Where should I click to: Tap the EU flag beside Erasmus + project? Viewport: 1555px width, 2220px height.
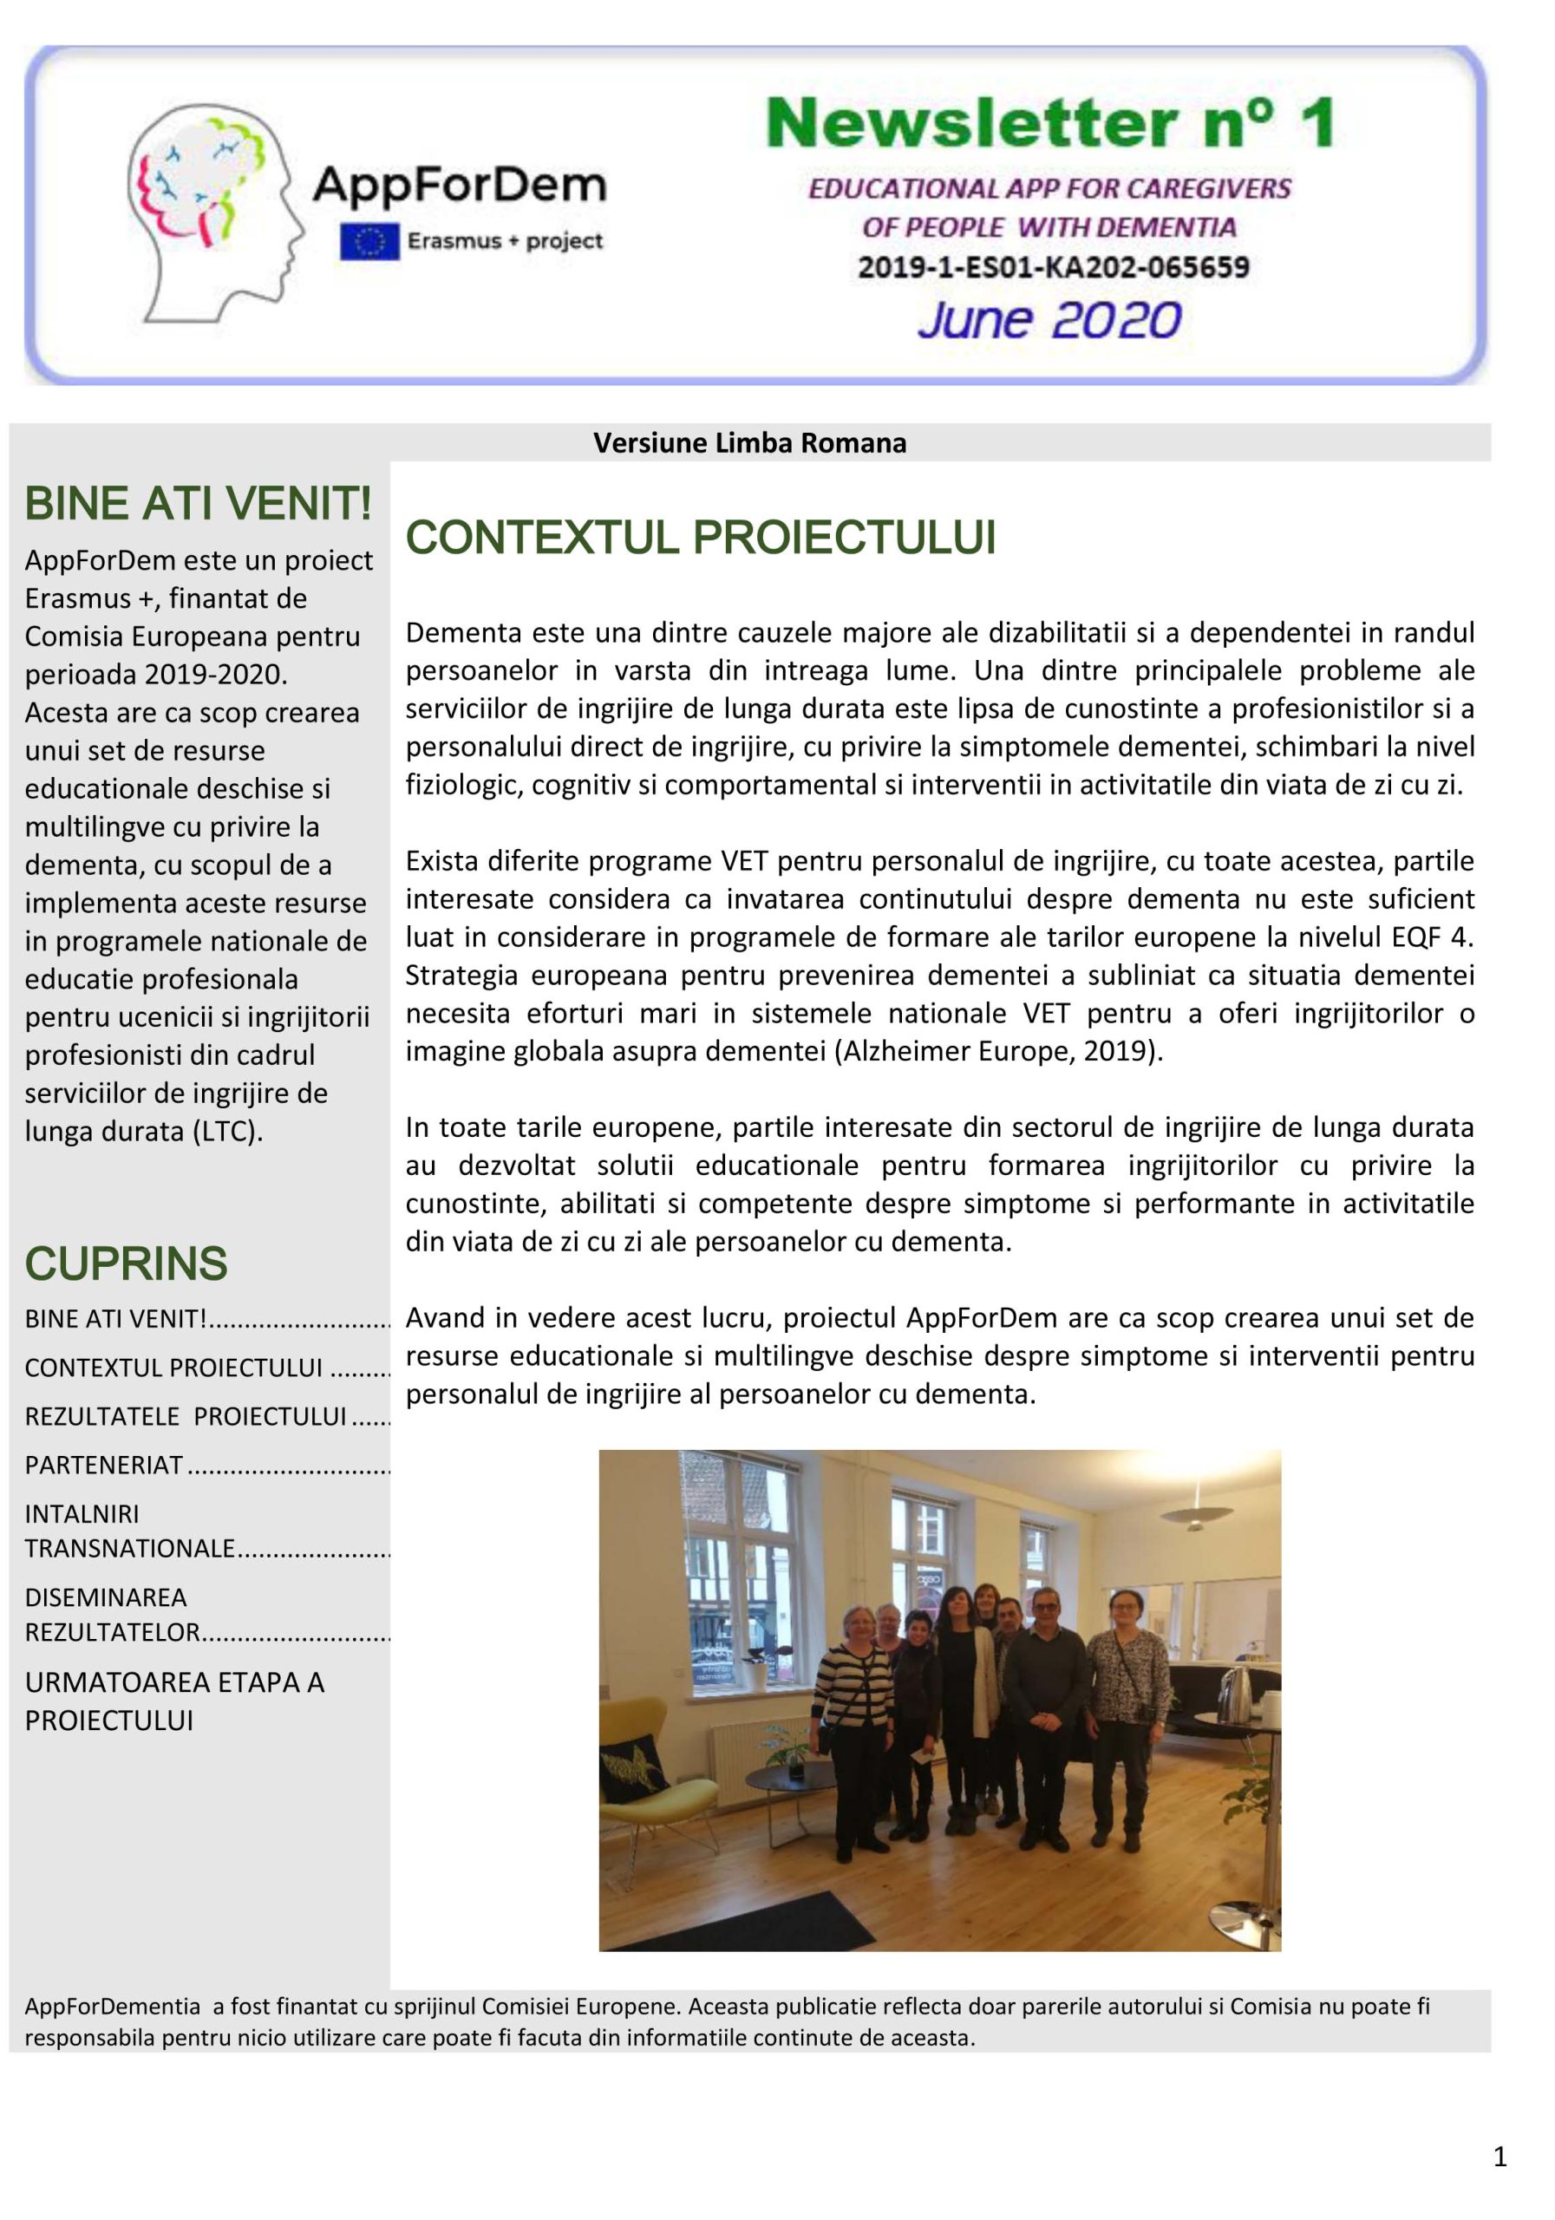coord(369,242)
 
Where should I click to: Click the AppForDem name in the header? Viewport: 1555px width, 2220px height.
coord(460,184)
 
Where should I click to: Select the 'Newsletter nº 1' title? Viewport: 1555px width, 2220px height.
coord(1049,124)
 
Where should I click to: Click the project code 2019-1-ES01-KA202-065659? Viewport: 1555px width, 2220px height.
coord(1053,267)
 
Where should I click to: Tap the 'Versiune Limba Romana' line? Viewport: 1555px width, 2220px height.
coord(749,443)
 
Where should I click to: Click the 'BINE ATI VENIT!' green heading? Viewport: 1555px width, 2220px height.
coord(199,504)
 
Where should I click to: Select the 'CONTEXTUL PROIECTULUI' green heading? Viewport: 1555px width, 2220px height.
coord(700,538)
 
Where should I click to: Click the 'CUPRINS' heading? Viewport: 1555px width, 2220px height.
coord(126,1263)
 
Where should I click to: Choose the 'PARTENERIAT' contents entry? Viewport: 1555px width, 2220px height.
coord(104,1465)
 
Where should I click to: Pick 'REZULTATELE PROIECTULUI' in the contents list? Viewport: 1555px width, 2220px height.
coord(186,1415)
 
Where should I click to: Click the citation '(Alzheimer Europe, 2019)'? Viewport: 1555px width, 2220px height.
coord(997,1051)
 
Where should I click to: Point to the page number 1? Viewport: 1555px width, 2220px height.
coord(1499,2156)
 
